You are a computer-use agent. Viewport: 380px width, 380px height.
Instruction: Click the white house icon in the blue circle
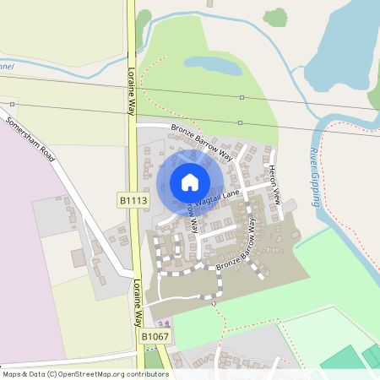point(190,182)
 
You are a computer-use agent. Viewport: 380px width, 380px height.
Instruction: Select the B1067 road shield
point(154,337)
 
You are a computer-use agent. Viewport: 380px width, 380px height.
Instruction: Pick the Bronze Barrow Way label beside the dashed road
point(235,253)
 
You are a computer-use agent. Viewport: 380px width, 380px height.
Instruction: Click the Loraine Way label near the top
point(132,89)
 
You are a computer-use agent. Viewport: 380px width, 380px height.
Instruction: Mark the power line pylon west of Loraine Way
point(14,105)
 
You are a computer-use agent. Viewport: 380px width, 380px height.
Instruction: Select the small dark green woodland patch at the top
point(274,16)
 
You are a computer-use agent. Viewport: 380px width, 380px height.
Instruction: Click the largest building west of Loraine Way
point(79,258)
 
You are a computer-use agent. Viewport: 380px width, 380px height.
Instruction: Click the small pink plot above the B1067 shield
point(164,324)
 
